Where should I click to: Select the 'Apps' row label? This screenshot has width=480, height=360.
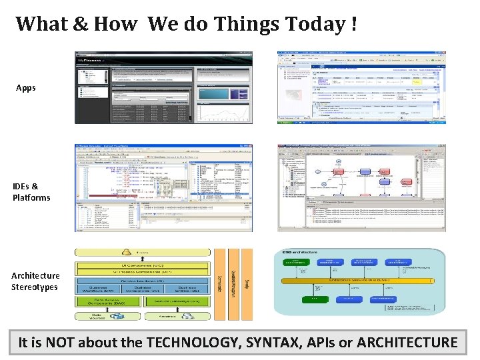26,88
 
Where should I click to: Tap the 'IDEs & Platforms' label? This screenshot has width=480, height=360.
31,192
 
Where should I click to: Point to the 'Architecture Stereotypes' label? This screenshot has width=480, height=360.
35,281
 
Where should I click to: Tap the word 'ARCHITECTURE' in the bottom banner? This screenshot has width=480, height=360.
407,343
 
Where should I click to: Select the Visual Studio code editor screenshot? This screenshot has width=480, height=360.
163,188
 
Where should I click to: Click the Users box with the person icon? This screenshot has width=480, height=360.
143,253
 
